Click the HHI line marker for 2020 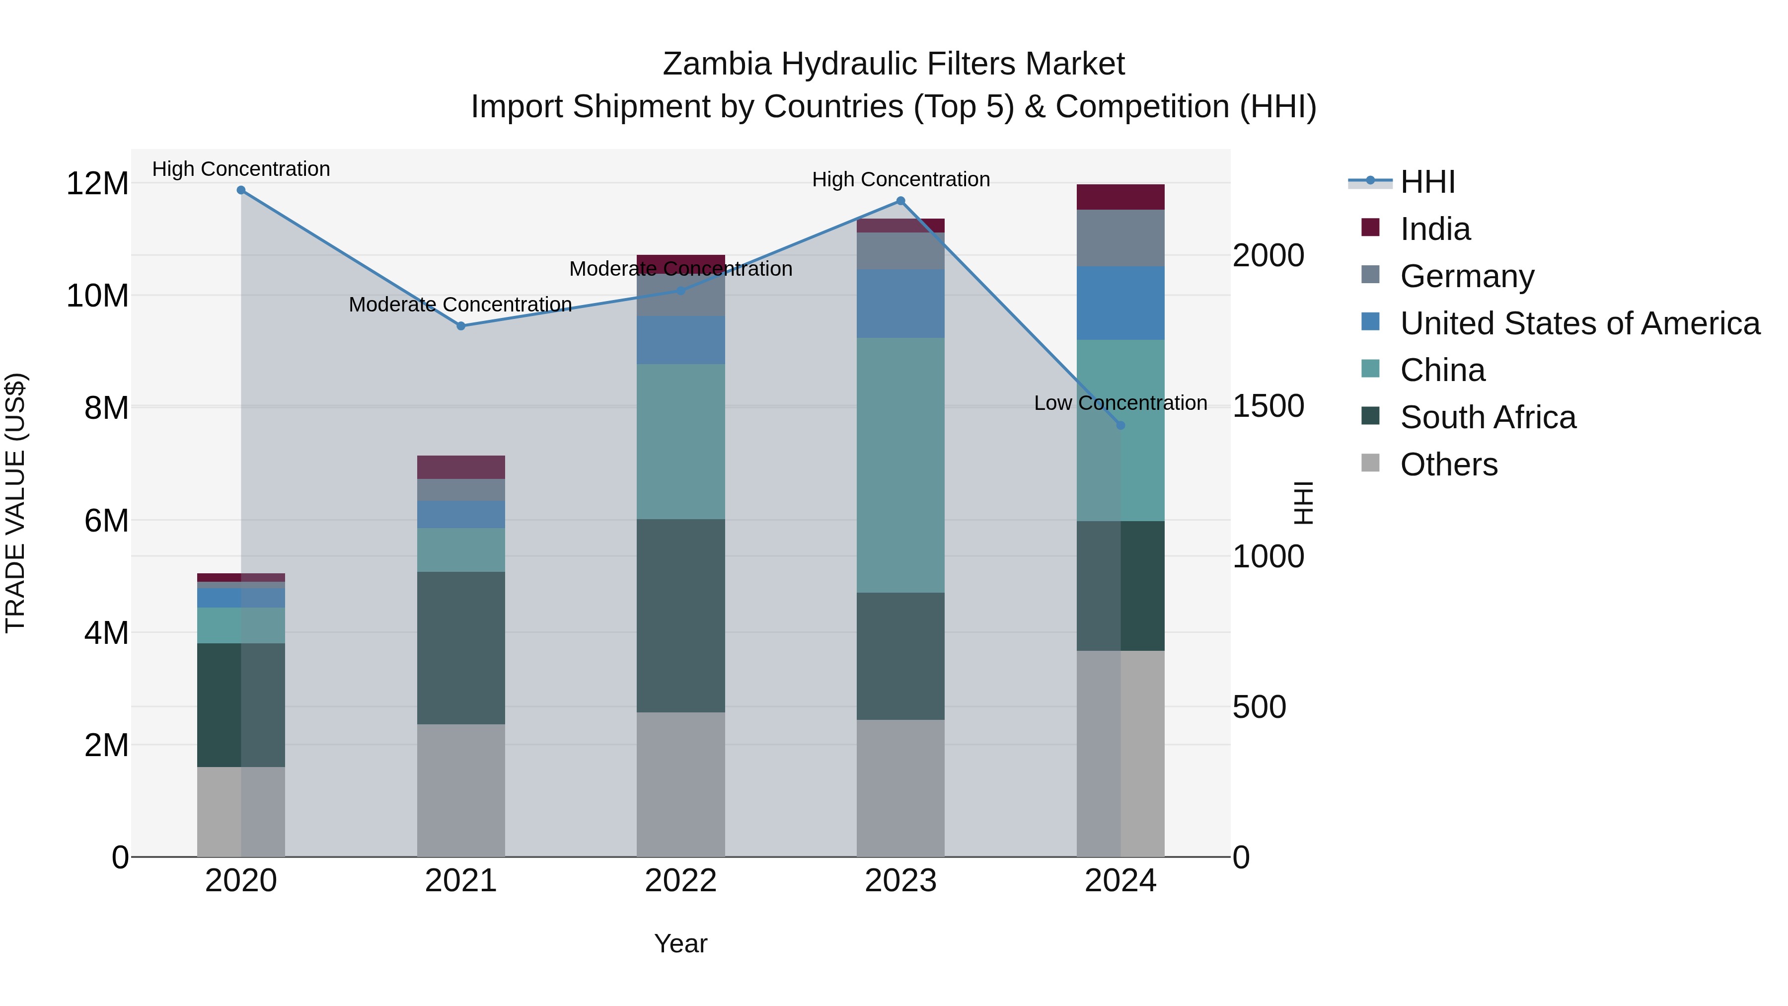pyautogui.click(x=241, y=190)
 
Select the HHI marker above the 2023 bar pyautogui.click(x=900, y=201)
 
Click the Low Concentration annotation pyautogui.click(x=1120, y=403)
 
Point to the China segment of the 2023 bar pyautogui.click(x=900, y=465)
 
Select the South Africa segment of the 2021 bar pyautogui.click(x=461, y=648)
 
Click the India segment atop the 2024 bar pyautogui.click(x=1120, y=197)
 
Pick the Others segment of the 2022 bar pyautogui.click(x=680, y=784)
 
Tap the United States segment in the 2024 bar pyautogui.click(x=1120, y=304)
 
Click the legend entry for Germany pyautogui.click(x=1467, y=276)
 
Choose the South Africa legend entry pyautogui.click(x=1488, y=418)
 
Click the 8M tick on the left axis pyautogui.click(x=106, y=407)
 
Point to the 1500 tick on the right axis pyautogui.click(x=1268, y=406)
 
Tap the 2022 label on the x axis pyautogui.click(x=680, y=881)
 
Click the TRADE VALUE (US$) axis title pyautogui.click(x=15, y=503)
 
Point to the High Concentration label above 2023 pyautogui.click(x=900, y=180)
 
